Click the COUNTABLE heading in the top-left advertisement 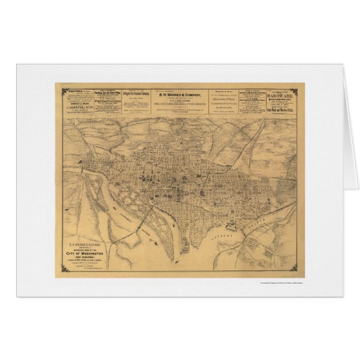[72, 91]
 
